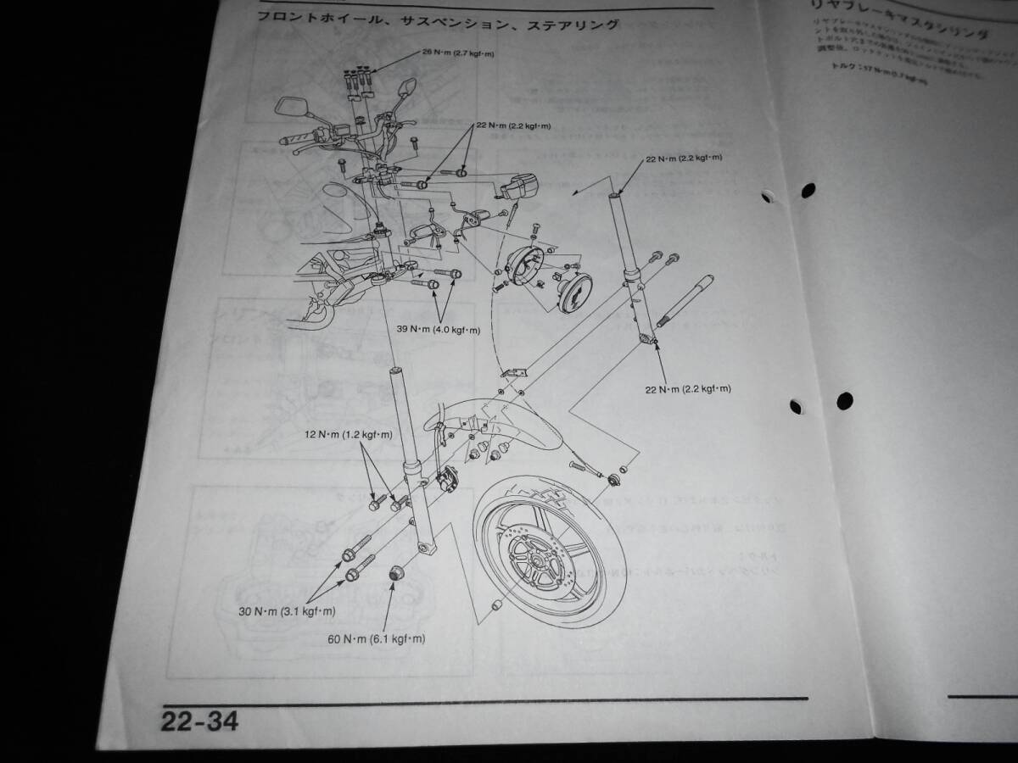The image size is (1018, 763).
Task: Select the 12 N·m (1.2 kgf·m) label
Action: pos(349,435)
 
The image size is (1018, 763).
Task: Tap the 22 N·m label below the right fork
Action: pos(688,388)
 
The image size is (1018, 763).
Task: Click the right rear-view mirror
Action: pos(405,88)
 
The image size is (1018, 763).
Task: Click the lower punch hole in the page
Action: pos(844,399)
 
